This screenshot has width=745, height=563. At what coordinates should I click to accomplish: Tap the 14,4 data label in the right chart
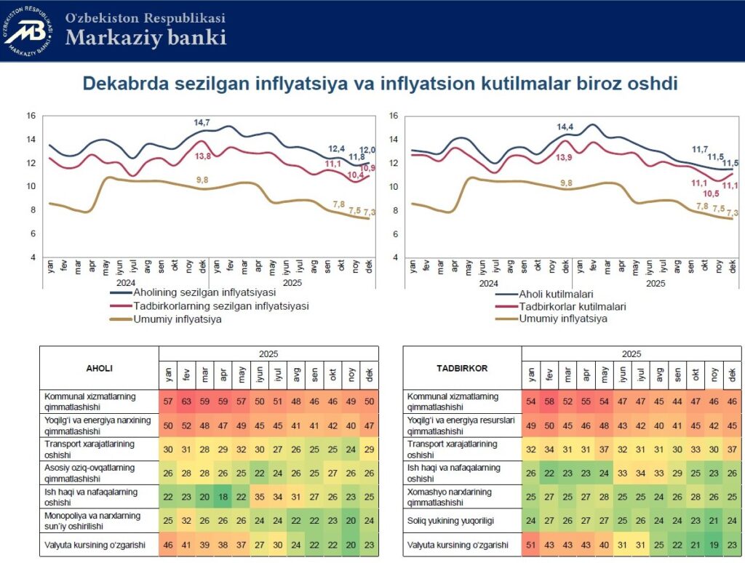tap(565, 127)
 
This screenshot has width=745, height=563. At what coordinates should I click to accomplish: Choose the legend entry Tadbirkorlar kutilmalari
tap(573, 306)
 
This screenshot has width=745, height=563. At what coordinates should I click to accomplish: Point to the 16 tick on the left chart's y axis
tap(31, 116)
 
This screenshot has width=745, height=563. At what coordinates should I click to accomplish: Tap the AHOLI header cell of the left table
tap(100, 368)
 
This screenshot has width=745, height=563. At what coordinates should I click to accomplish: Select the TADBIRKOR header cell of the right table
tap(462, 368)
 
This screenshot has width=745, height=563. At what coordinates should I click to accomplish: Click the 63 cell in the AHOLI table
tap(186, 402)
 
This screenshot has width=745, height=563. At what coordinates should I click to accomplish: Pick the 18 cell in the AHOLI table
tap(223, 498)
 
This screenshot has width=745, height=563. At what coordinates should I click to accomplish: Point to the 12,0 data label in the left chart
tap(369, 150)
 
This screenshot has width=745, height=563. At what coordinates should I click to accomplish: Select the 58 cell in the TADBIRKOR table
tap(549, 402)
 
